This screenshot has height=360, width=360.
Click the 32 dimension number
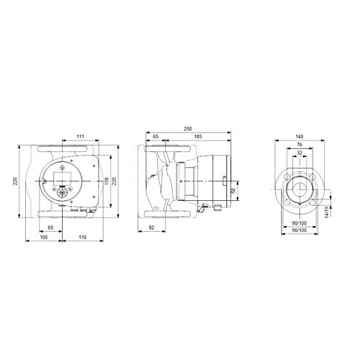pos(300,153)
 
